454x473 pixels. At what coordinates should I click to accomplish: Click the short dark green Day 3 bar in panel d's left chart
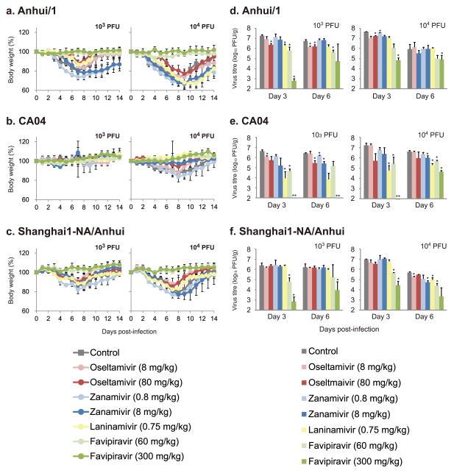294,84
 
